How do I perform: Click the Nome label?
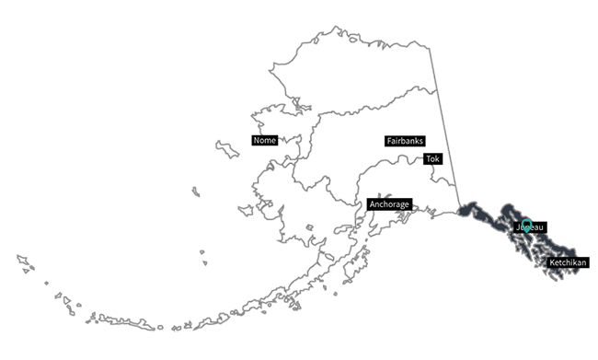pos(264,141)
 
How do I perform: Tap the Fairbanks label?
pos(405,141)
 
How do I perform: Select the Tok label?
pos(432,159)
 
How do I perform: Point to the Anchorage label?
pos(388,203)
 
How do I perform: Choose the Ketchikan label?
pos(568,263)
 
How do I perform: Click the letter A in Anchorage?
pos(372,203)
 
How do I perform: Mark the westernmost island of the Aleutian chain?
pos(20,259)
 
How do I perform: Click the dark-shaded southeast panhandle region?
pos(543,244)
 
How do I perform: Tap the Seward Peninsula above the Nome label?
pos(276,120)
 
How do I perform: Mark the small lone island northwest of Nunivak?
pos(195,190)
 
